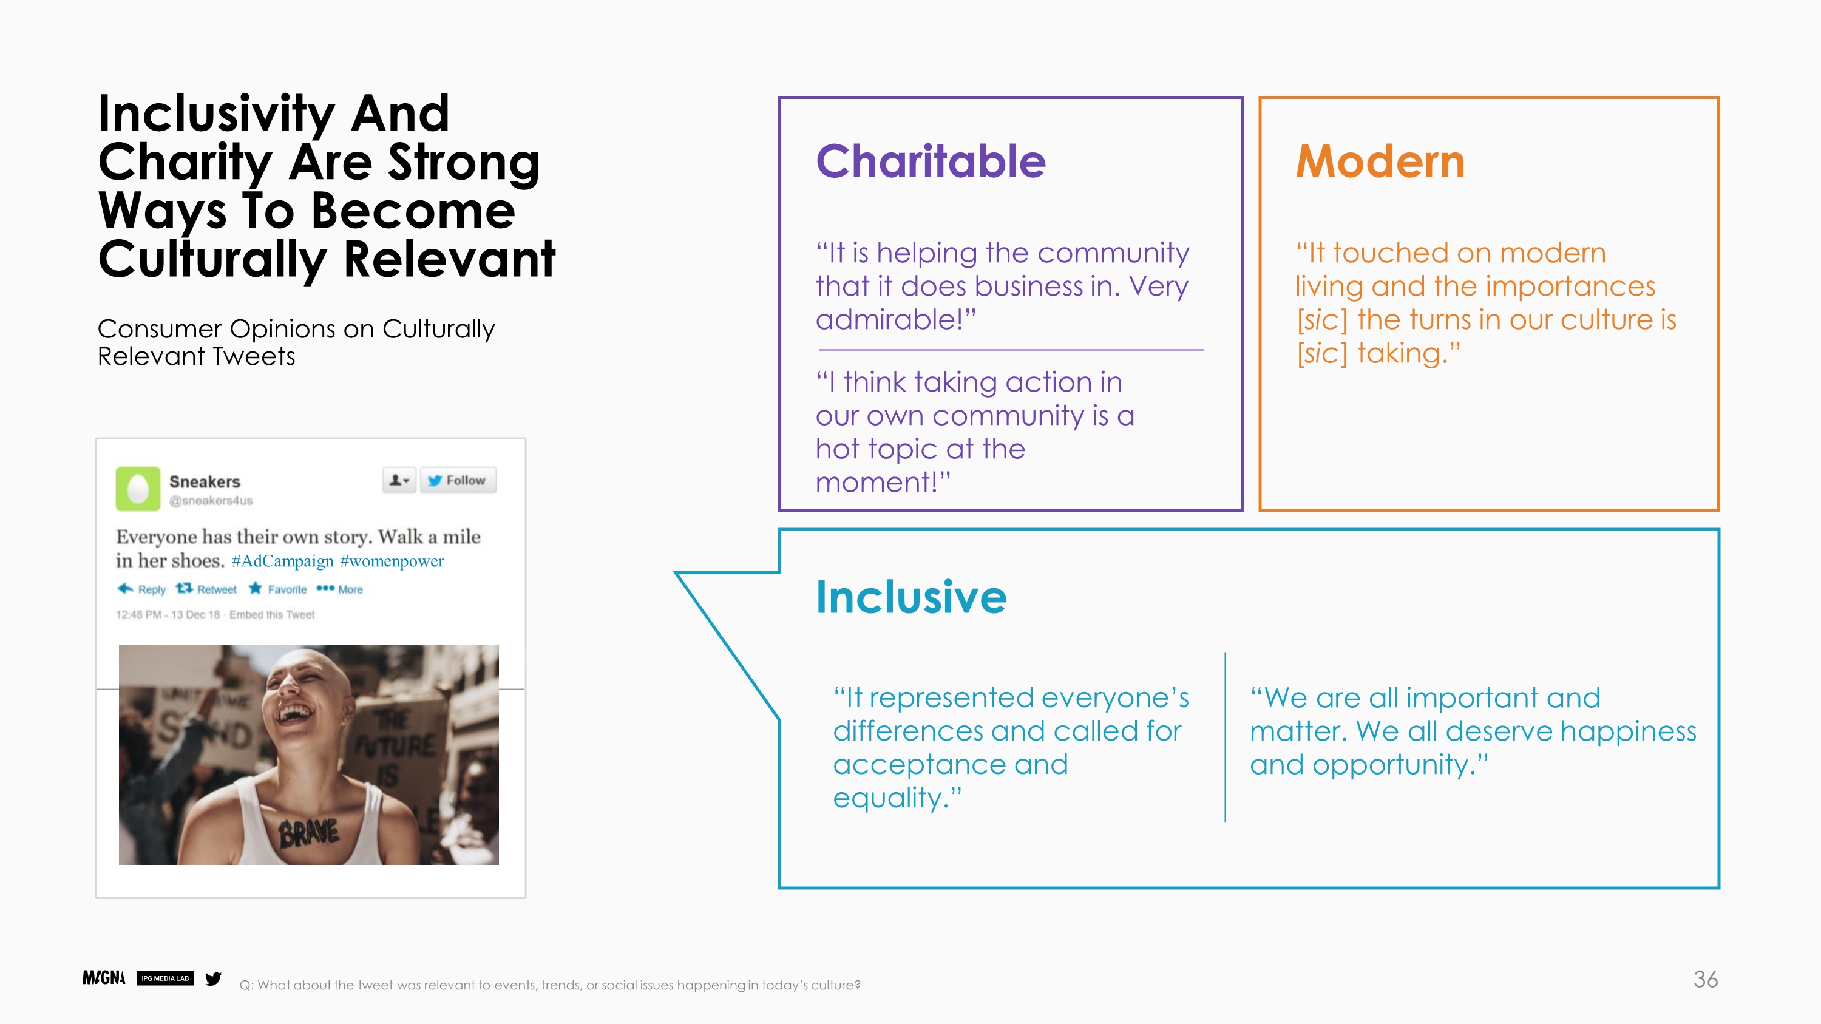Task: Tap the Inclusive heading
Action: (x=911, y=597)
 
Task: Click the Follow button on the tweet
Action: (x=458, y=481)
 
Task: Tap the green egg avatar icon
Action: (x=138, y=488)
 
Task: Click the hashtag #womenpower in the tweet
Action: (x=392, y=561)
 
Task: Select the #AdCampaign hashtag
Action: (x=282, y=561)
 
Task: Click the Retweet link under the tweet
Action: (x=206, y=589)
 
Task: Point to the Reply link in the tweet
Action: (x=141, y=589)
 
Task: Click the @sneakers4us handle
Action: (x=211, y=500)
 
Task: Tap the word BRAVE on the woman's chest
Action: (x=309, y=834)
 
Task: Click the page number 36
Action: (x=1705, y=980)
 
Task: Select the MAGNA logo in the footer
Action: (x=104, y=978)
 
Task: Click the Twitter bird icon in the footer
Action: (x=213, y=978)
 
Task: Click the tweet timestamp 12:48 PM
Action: (x=138, y=615)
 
